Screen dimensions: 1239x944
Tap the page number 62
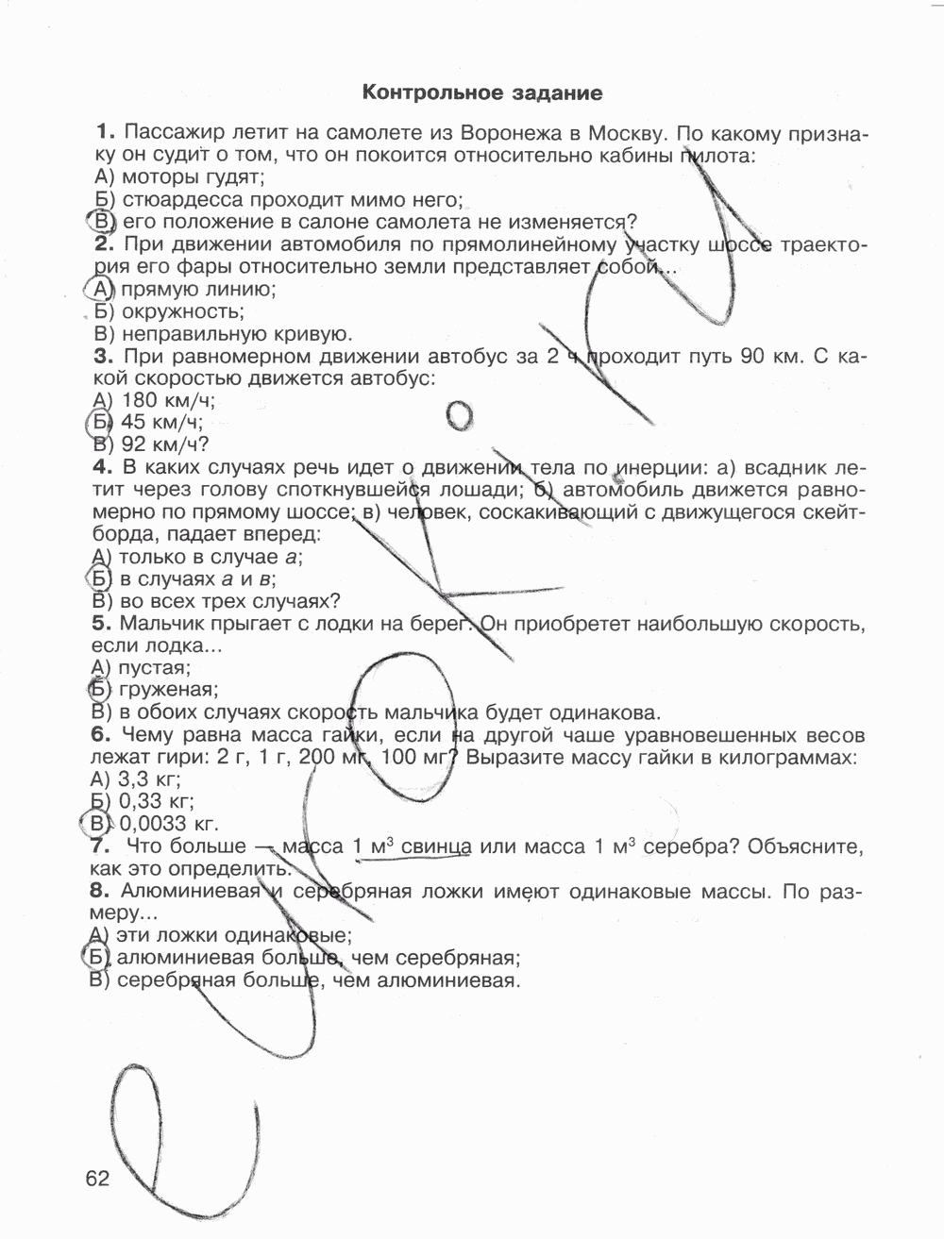pos(96,1179)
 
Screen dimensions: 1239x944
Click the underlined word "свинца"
pos(435,846)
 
